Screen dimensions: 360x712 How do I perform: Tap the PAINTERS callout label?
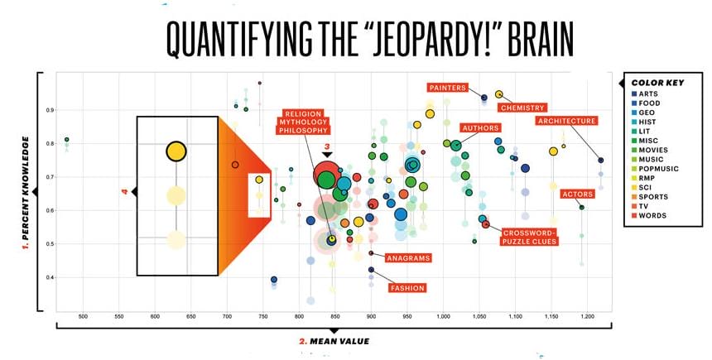448,88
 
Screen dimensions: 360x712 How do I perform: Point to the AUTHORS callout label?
480,128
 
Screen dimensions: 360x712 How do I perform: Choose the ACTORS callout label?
577,194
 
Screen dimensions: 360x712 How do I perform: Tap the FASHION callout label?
407,288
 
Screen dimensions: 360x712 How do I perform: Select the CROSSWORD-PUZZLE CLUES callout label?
529,238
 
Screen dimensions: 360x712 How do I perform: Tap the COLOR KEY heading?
657,83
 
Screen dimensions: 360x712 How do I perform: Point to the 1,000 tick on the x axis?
443,316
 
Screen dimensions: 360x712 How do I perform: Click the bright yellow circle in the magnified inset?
176,151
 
